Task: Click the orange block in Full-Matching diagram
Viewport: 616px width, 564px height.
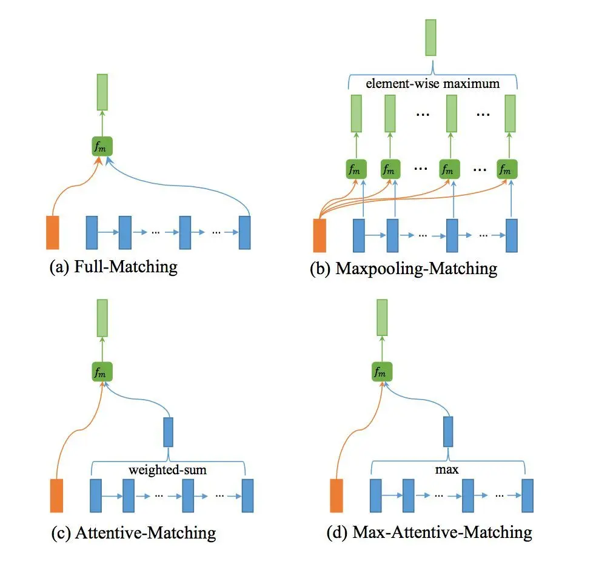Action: pos(53,232)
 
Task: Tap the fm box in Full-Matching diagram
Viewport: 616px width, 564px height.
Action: pos(102,146)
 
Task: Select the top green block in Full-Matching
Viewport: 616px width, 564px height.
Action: pos(102,92)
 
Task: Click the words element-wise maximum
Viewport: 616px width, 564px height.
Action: pos(432,83)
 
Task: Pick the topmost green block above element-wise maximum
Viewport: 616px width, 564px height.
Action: pos(431,38)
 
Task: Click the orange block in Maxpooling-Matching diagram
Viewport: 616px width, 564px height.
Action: pos(320,235)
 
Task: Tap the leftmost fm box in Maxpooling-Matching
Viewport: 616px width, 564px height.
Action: pos(357,169)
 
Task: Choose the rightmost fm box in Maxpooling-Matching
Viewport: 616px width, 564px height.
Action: pos(507,169)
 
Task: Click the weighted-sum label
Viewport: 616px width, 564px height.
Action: pos(168,469)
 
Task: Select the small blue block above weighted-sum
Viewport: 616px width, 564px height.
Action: pos(168,432)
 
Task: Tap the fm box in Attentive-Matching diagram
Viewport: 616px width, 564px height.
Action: pos(102,371)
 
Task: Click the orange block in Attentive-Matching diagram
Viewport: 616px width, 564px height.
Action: pos(56,495)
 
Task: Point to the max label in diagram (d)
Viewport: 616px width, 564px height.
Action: pos(447,469)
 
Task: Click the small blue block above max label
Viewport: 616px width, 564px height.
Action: pos(448,432)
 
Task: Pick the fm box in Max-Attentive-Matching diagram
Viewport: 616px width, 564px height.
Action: pos(382,371)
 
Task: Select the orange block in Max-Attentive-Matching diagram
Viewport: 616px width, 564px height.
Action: pos(336,495)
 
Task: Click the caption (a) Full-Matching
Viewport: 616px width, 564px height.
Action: pos(113,266)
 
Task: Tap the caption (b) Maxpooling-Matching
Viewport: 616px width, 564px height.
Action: pos(403,269)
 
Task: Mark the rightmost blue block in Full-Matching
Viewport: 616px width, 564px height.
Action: pos(245,232)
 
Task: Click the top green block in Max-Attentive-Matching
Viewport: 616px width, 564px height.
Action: pos(382,318)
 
